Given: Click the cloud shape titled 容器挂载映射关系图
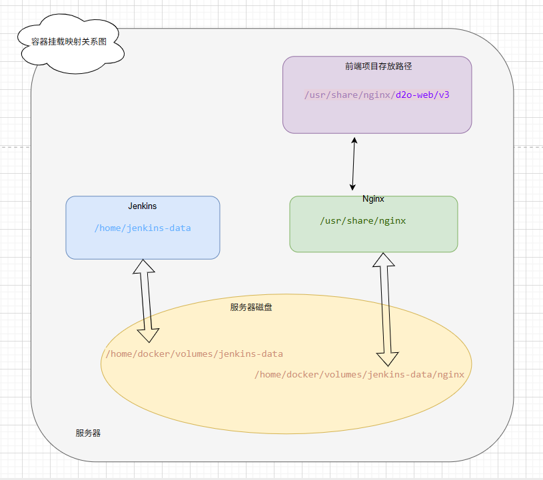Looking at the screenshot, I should point(68,41).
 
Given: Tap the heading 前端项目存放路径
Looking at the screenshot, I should point(378,67).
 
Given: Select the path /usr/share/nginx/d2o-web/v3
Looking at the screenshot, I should point(377,95).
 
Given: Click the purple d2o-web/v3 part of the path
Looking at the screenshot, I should point(422,95).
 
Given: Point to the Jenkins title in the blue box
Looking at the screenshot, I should point(143,206).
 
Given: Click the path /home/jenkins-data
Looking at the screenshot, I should point(143,228).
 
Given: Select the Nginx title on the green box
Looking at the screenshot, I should point(373,199).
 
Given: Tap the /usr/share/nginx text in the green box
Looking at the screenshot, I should point(363,220).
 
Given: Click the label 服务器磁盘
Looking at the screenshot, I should point(251,307).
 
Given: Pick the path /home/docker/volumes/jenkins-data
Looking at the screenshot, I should point(195,354).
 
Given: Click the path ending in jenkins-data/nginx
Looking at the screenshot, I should point(359,374).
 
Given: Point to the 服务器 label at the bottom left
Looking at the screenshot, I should point(88,433).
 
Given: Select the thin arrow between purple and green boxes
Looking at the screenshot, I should point(354,164).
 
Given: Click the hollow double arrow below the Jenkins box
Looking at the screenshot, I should point(146,300).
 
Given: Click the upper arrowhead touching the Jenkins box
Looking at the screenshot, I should point(143,266).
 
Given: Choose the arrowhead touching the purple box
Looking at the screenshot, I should point(355,140).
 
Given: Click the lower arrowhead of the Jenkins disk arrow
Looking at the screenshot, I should point(149,335).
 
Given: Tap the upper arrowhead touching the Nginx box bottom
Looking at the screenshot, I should point(383,259).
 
